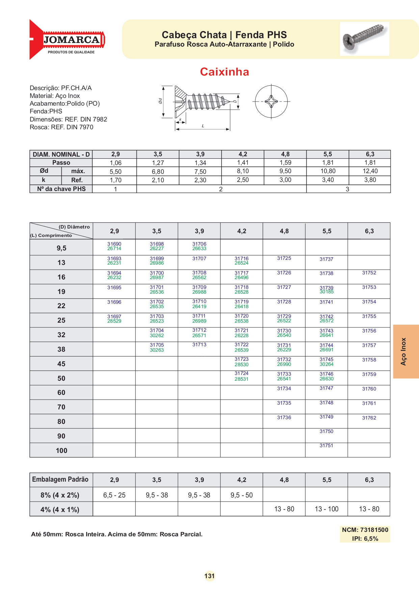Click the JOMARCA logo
(68, 40)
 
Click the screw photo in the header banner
(364, 38)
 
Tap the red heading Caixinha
(224, 72)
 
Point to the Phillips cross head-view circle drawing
(271, 101)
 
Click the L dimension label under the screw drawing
(203, 126)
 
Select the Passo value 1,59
(285, 163)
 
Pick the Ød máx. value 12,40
(370, 171)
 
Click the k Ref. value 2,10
(158, 180)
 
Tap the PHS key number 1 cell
(115, 189)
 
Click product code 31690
(114, 244)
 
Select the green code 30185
(326, 292)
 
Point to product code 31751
(326, 446)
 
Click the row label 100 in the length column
(61, 451)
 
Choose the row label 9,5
(61, 248)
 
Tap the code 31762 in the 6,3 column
(369, 418)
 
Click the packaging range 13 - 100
(326, 509)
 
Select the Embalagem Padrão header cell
(60, 480)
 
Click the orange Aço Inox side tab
(405, 351)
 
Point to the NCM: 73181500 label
(365, 530)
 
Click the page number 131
(209, 576)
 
